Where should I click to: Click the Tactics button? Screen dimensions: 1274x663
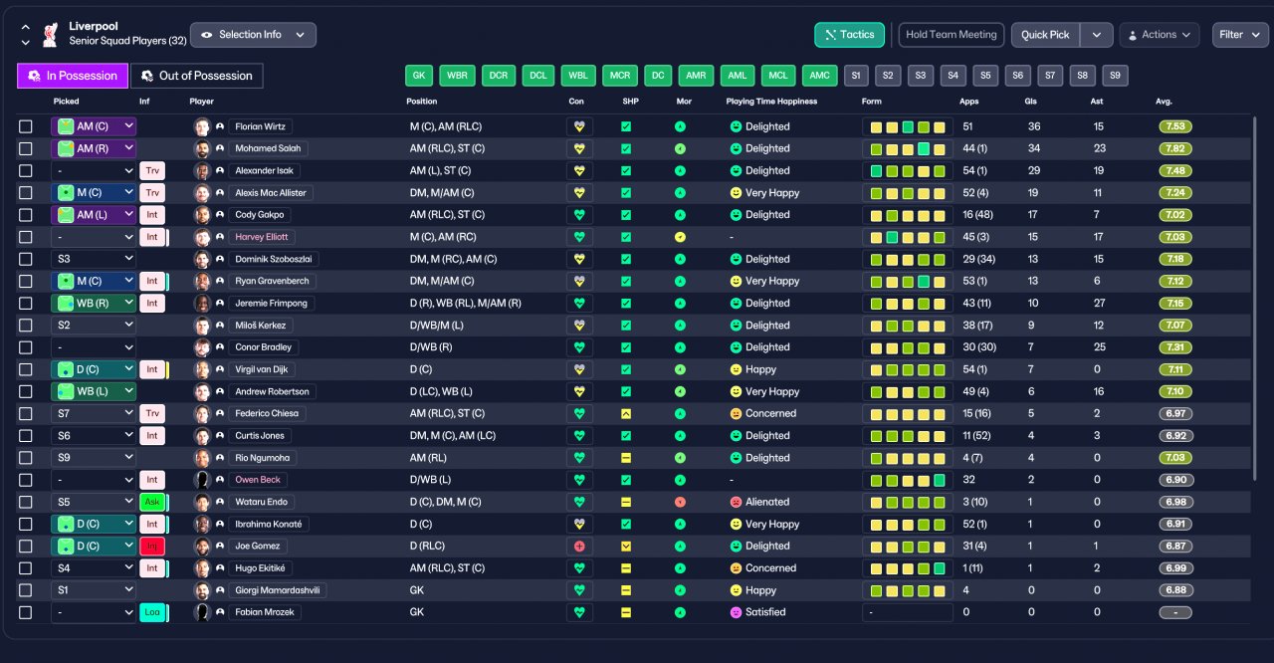point(849,35)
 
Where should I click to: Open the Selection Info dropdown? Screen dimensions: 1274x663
point(253,35)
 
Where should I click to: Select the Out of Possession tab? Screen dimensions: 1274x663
point(197,76)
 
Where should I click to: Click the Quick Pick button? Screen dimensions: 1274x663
point(1045,35)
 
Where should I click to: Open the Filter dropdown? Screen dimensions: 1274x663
point(1240,35)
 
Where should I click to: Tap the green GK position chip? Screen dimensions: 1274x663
point(419,75)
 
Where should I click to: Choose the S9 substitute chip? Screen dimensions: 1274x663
point(1115,75)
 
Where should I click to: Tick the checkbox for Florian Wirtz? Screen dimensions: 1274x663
point(26,126)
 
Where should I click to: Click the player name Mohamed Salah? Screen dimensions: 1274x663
point(268,148)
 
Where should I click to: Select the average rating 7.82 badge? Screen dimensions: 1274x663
point(1175,148)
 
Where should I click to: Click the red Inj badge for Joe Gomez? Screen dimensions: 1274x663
point(152,546)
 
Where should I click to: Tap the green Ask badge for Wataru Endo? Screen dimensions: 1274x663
point(152,502)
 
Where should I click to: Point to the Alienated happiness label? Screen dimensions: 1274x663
point(767,502)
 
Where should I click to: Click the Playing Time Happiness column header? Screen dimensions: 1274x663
point(771,102)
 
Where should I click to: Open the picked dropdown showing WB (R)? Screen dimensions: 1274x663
point(94,303)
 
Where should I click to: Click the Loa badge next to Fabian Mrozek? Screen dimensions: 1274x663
point(152,612)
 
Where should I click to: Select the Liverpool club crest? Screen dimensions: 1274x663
point(51,35)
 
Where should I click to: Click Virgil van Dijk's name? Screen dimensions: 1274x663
point(262,369)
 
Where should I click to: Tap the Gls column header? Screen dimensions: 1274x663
point(1030,102)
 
